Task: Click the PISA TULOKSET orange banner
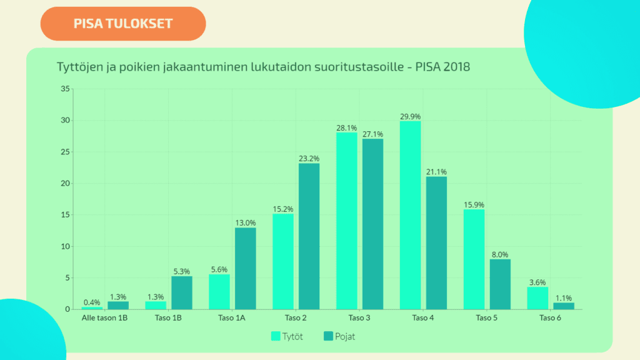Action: click(123, 24)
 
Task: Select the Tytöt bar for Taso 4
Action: click(410, 215)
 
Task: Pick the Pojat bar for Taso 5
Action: click(499, 284)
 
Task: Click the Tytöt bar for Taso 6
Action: click(537, 298)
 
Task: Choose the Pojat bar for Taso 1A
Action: click(245, 268)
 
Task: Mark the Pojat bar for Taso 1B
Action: click(181, 292)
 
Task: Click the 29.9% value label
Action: click(410, 116)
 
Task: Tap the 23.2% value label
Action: click(309, 159)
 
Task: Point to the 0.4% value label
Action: click(92, 302)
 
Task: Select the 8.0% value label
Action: click(499, 254)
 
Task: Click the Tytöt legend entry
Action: click(288, 336)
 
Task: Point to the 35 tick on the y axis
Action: click(65, 89)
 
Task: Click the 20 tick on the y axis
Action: click(65, 183)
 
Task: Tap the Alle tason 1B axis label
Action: click(104, 318)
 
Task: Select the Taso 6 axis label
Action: click(550, 318)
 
